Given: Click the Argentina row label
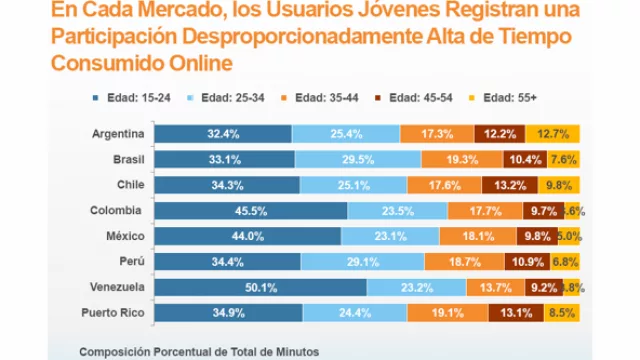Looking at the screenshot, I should click(x=118, y=134).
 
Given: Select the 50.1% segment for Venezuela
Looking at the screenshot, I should click(x=260, y=287).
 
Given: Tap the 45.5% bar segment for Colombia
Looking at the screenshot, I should click(x=251, y=211).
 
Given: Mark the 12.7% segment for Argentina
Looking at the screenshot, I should click(x=559, y=134).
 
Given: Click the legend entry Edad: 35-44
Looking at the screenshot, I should click(x=322, y=97).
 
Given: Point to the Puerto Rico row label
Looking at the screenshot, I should click(x=113, y=313).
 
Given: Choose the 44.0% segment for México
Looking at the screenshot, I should click(x=248, y=236).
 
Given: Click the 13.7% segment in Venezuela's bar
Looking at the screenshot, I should click(x=500, y=287).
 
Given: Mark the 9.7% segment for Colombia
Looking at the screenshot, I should click(x=544, y=211).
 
